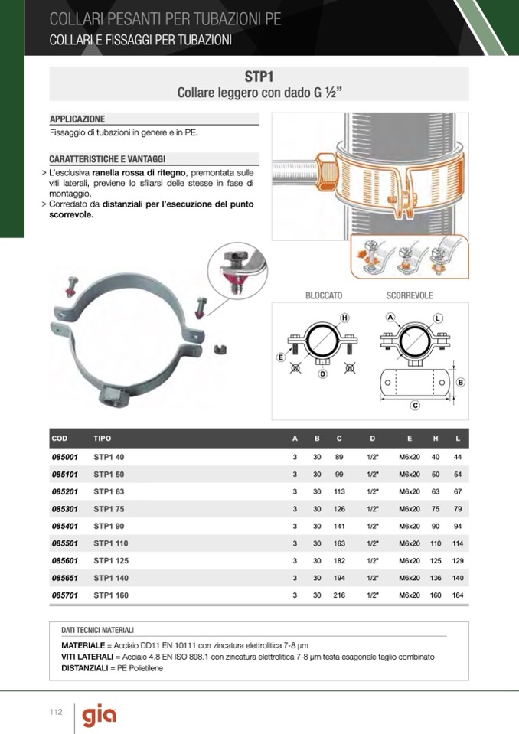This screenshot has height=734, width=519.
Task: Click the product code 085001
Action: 65,457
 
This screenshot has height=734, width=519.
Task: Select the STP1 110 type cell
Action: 111,543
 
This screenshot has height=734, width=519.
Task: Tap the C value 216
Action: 339,595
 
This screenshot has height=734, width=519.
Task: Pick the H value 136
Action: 436,578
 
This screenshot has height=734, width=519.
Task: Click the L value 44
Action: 458,457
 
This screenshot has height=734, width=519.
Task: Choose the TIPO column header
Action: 102,439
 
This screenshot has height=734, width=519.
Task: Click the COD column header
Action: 60,439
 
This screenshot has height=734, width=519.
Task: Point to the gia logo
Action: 100,716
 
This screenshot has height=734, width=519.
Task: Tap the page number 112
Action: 56,712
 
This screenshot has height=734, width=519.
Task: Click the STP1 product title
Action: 259,77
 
